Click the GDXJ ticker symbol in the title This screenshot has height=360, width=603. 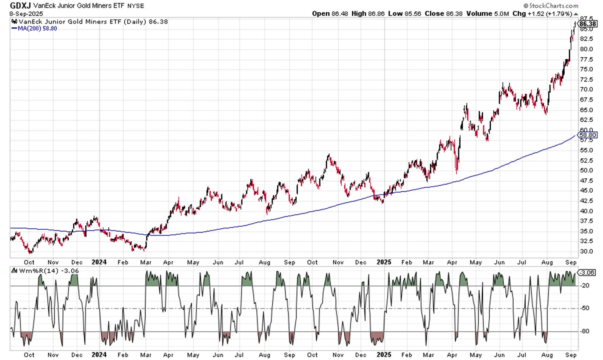pos(20,5)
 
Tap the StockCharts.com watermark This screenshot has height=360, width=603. pos(550,5)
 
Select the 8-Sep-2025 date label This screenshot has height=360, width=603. pos(26,13)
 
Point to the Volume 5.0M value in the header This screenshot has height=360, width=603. pos(488,13)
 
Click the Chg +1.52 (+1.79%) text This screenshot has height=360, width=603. pos(544,13)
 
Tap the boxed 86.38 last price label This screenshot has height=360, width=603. pos(588,24)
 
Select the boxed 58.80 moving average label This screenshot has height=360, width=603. pos(588,135)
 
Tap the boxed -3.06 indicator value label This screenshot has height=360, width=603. pos(587,272)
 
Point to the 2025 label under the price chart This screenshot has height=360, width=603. pos(384,262)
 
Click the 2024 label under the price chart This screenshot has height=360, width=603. pos(99,262)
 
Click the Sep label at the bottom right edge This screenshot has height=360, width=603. pos(571,355)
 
